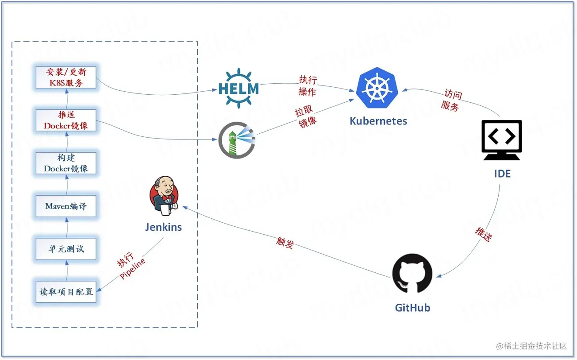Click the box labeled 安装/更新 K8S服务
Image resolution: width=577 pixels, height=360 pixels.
(x=66, y=77)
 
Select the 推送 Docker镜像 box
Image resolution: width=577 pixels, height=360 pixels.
(x=66, y=120)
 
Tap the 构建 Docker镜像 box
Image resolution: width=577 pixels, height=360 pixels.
(x=66, y=163)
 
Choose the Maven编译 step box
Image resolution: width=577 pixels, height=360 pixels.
(x=66, y=206)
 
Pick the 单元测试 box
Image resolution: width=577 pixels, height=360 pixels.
(x=66, y=249)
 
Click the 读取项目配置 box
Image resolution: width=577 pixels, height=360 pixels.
(x=66, y=292)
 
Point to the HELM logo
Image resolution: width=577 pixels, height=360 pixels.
(x=238, y=89)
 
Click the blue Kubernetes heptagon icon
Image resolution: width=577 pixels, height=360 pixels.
(x=377, y=88)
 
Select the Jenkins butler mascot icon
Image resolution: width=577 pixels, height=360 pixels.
(x=164, y=195)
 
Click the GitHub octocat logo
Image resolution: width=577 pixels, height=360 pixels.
(x=412, y=273)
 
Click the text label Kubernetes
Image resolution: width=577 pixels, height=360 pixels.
(x=378, y=121)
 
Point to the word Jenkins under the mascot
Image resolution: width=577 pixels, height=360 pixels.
(x=163, y=227)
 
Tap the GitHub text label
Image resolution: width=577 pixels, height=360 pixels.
(x=412, y=308)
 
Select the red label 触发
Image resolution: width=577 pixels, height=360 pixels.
(x=285, y=242)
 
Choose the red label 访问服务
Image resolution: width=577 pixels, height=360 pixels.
(x=451, y=101)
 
